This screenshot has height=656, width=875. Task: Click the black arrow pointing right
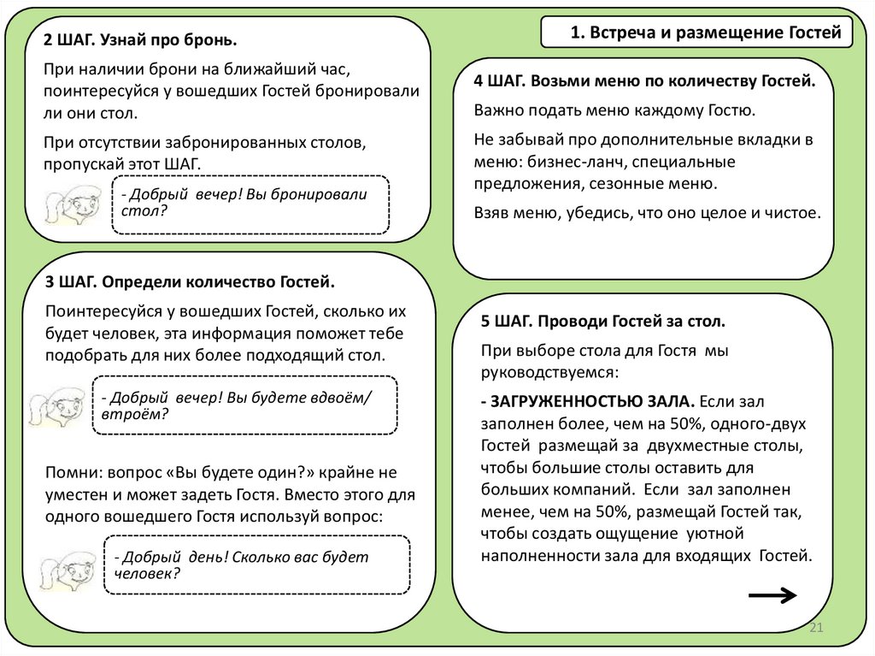(x=772, y=596)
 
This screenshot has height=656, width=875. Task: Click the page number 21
(x=814, y=629)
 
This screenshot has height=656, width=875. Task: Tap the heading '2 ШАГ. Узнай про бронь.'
(x=141, y=41)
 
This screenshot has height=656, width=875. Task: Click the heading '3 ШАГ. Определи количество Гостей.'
(x=190, y=281)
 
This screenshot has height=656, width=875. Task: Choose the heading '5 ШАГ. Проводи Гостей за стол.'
(x=603, y=322)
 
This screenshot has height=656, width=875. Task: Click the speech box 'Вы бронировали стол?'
(x=250, y=203)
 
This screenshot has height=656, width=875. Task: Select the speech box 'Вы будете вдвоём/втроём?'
(x=244, y=405)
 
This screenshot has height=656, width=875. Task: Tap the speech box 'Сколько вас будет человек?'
(x=256, y=564)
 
